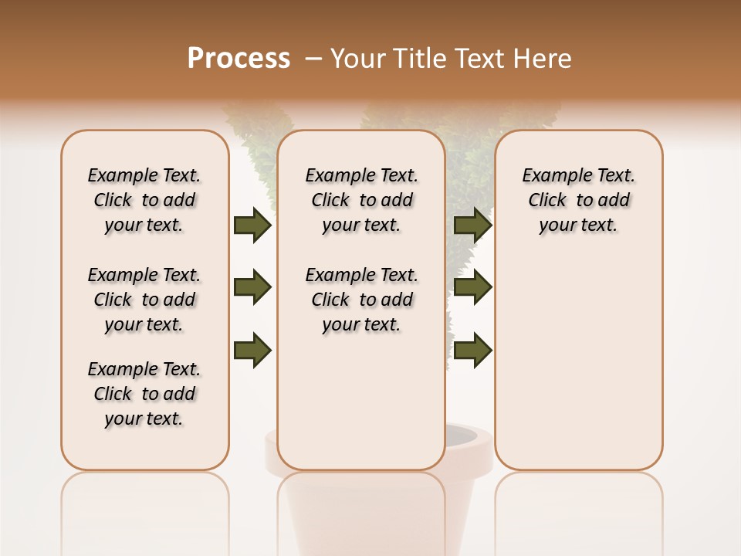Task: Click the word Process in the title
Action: (239, 59)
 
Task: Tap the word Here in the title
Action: (543, 59)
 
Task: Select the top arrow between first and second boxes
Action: (252, 225)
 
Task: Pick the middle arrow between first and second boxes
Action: (252, 288)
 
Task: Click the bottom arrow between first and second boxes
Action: (252, 351)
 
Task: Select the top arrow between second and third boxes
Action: (472, 225)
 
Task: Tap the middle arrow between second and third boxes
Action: (472, 288)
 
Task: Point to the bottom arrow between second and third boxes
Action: (472, 351)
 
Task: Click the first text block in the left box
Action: (144, 201)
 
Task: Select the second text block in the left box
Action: (144, 300)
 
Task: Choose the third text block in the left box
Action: (144, 394)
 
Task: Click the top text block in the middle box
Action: (362, 201)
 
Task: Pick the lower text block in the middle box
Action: (362, 300)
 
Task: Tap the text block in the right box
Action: (579, 201)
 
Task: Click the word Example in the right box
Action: (552, 176)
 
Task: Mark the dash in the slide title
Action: (313, 59)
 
